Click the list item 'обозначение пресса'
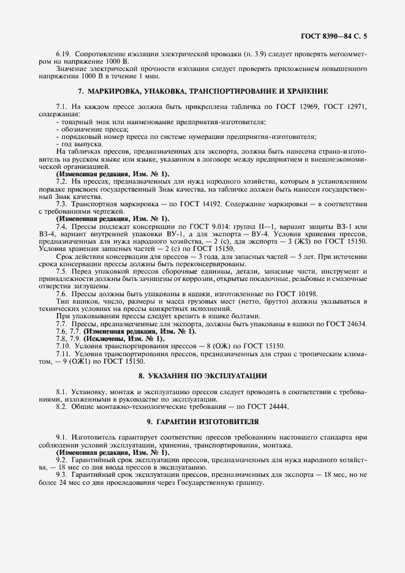[x=86, y=129]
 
